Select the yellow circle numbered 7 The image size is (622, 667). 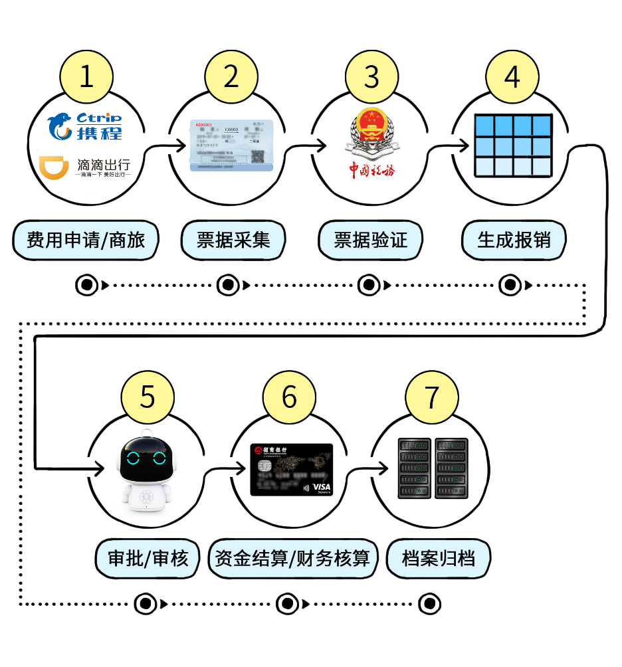coord(432,397)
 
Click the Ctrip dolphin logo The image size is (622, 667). coord(60,126)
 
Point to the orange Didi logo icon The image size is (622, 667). coord(54,168)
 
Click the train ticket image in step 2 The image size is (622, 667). coord(231,145)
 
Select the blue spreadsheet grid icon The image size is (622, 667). coord(512,145)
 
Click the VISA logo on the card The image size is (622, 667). coord(321,487)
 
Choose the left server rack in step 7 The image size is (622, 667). coord(413,468)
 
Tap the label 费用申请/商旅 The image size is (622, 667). coord(86,240)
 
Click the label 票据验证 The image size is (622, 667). coord(370,240)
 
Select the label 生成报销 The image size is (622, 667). coord(514,240)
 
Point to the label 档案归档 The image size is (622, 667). coord(438,557)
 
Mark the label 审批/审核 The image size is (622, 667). coord(148,557)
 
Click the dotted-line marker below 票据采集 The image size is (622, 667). coord(228,286)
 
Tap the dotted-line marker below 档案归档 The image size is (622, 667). coord(430,604)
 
